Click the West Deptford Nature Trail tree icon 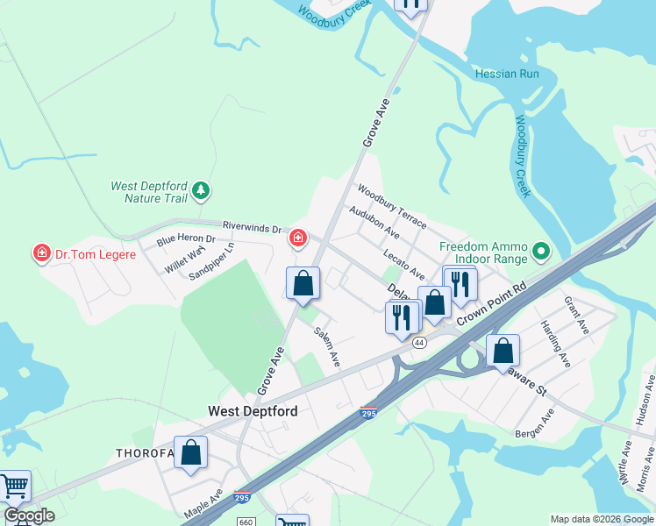[202, 189]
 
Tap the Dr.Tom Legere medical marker [40, 254]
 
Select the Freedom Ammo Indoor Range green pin [541, 252]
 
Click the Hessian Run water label [507, 75]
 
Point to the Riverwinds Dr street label [252, 228]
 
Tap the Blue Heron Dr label [186, 238]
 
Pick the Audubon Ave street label [374, 224]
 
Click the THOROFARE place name [146, 452]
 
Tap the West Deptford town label [253, 411]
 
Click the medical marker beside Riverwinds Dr [298, 238]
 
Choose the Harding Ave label [555, 344]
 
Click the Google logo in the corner [29, 516]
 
